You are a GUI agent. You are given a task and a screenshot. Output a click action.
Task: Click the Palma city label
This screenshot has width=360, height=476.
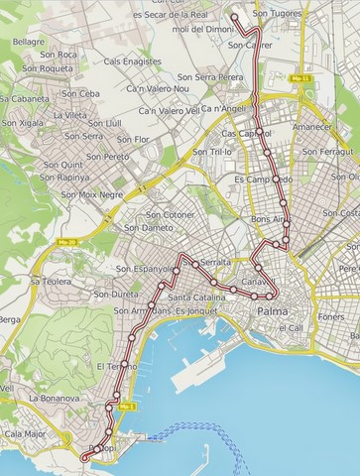[x=273, y=311]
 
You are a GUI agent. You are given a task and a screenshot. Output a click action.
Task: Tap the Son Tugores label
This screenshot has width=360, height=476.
[x=277, y=14]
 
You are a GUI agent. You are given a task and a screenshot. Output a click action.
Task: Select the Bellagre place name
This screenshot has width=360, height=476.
[x=29, y=42]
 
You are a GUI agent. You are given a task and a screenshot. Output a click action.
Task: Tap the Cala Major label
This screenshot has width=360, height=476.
[x=25, y=433]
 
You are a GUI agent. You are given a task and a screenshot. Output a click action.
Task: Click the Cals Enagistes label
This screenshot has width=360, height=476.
[x=132, y=61]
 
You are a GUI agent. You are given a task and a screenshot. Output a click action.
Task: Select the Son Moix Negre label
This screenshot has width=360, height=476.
[x=92, y=194]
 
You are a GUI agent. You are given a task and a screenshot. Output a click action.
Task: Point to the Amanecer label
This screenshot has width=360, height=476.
[x=312, y=127]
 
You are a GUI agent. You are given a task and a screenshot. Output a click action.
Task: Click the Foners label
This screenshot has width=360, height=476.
[x=332, y=317]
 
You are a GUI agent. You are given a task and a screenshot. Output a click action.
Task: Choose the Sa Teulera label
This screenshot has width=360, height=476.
[x=50, y=282]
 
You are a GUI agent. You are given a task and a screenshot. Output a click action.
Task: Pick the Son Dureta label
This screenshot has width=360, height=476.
[x=116, y=295]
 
